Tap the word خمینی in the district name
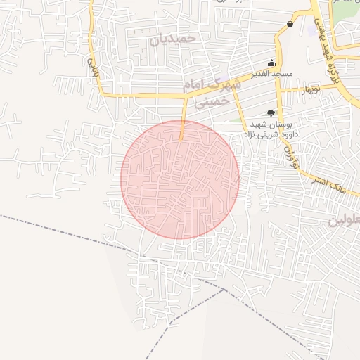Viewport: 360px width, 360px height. pos(212,102)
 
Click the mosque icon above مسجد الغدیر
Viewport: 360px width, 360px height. pos(272,62)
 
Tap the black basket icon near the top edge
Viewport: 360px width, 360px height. pos(290,25)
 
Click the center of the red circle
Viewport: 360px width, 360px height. pos(180,179)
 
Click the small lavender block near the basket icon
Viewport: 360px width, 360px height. pos(312,32)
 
